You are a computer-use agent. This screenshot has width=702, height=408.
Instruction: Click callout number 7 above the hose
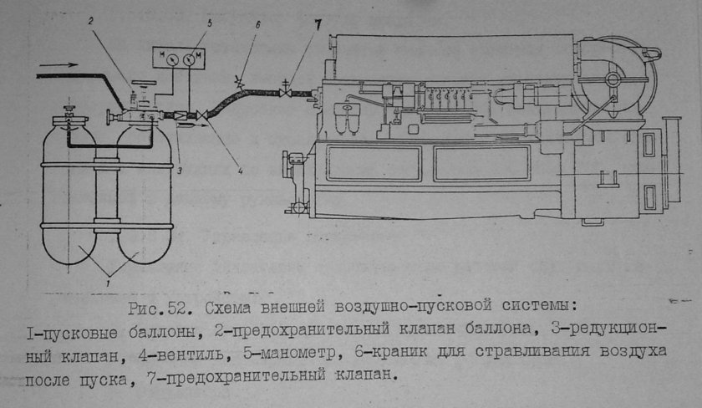pyautogui.click(x=318, y=25)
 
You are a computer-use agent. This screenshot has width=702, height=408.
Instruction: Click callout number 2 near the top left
pyautogui.click(x=90, y=20)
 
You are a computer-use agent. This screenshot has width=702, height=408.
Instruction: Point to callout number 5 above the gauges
pyautogui.click(x=210, y=23)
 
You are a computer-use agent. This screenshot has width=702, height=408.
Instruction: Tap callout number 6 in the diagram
pyautogui.click(x=257, y=25)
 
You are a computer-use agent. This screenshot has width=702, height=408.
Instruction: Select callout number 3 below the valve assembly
pyautogui.click(x=179, y=171)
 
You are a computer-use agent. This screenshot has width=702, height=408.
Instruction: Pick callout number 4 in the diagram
pyautogui.click(x=241, y=171)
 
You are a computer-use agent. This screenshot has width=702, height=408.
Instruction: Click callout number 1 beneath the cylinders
pyautogui.click(x=108, y=283)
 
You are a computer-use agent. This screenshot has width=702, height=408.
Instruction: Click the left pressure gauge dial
pyautogui.click(x=173, y=59)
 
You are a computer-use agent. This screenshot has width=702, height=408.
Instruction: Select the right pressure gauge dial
pyautogui.click(x=190, y=59)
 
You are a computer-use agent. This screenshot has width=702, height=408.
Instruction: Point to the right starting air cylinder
pyautogui.click(x=145, y=192)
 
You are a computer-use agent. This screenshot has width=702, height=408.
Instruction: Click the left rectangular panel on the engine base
pyautogui.click(x=374, y=163)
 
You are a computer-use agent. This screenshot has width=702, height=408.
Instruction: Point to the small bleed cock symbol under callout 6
pyautogui.click(x=239, y=84)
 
